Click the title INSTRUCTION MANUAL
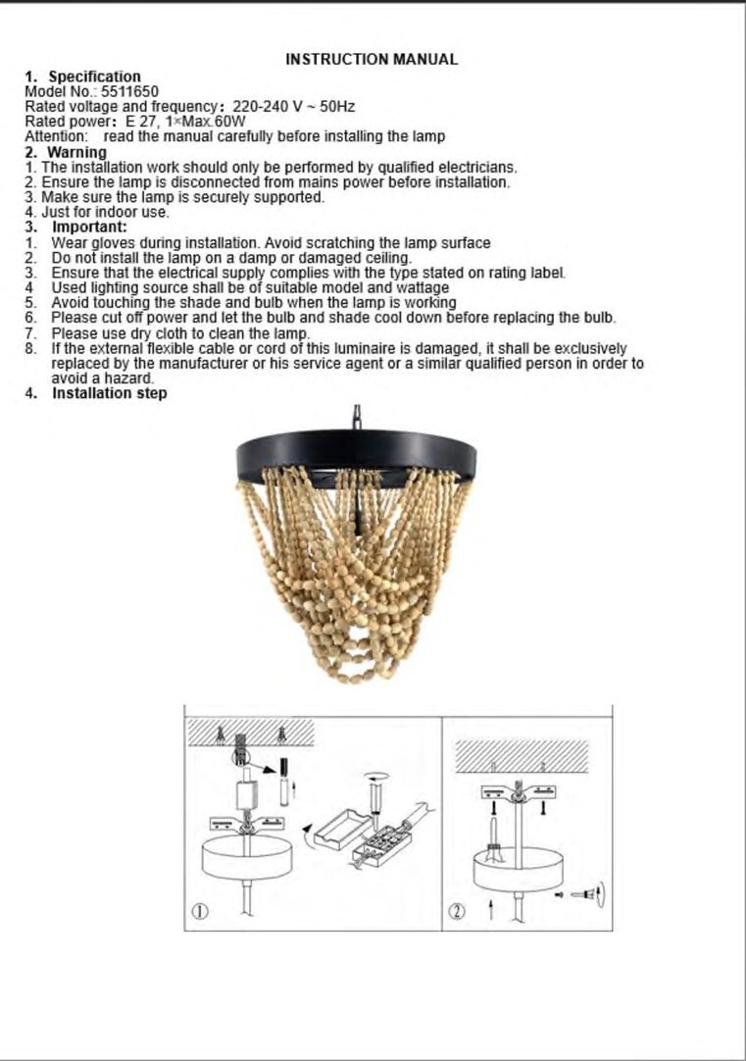click(x=372, y=60)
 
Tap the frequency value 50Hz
click(x=337, y=106)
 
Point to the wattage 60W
click(x=230, y=122)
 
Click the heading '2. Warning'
click(x=66, y=152)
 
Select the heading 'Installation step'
click(x=110, y=393)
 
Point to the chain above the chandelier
click(x=357, y=417)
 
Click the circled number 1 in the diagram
click(x=201, y=911)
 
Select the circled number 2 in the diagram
click(x=458, y=911)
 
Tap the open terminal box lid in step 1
click(x=343, y=829)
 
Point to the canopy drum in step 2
click(x=518, y=870)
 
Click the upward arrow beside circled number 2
click(x=492, y=911)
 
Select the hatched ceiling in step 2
click(x=522, y=756)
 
